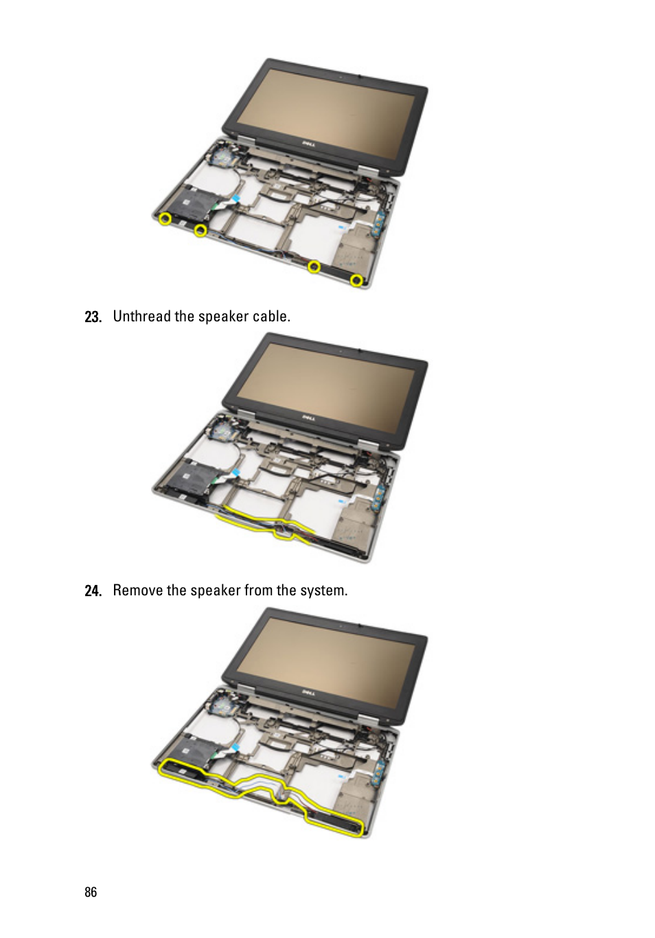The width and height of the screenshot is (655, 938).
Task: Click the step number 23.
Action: tap(93, 317)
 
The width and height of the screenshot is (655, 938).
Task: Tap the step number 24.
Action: tap(93, 591)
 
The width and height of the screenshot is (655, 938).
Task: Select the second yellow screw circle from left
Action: tap(201, 230)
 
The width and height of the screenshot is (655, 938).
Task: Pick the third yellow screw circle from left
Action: tap(314, 266)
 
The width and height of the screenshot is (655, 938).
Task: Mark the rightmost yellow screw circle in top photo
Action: tap(356, 280)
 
